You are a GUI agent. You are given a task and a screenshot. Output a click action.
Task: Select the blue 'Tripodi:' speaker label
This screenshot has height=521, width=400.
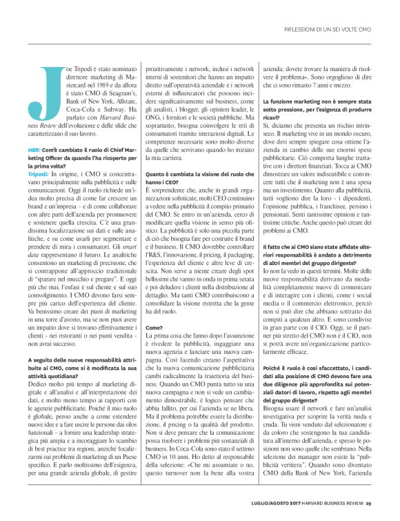click(x=39, y=175)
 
